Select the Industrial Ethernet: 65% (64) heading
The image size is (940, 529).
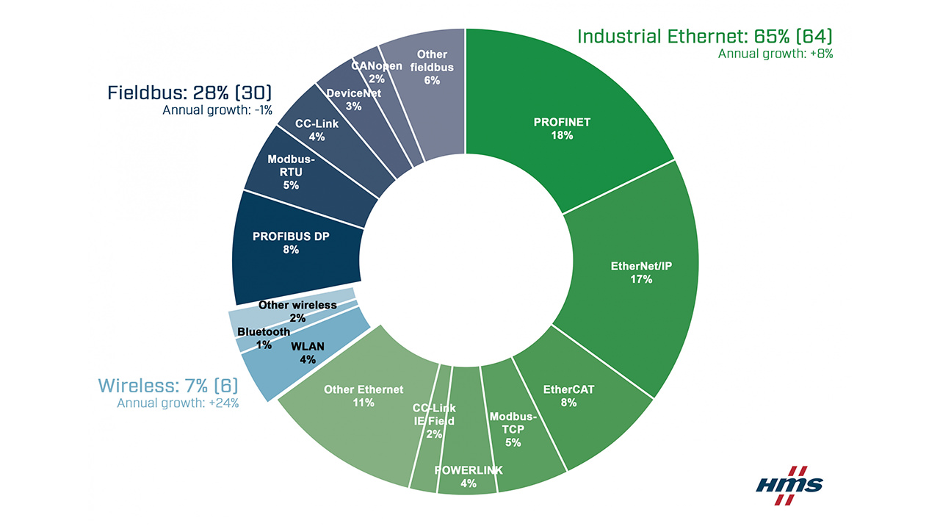(704, 36)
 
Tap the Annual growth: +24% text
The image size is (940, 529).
(178, 403)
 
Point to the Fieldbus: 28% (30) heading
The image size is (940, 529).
(189, 93)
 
